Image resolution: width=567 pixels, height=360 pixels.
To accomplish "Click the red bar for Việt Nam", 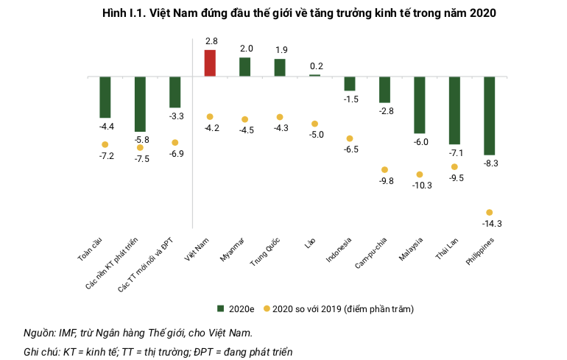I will [x=210, y=63].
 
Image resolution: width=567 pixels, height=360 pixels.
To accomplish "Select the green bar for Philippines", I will [x=489, y=116].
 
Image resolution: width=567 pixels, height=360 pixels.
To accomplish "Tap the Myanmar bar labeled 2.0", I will [x=244, y=67].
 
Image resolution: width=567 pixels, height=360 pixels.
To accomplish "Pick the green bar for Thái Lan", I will [x=454, y=110].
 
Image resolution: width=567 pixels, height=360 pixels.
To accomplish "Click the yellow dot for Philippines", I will [x=489, y=213].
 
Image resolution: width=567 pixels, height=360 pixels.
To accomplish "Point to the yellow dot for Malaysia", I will [x=419, y=174].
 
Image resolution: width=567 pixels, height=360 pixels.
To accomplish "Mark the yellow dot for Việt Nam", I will [x=210, y=117].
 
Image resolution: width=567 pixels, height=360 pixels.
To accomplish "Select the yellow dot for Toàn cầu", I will [x=105, y=144].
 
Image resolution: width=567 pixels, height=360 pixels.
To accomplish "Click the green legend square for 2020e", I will [x=219, y=309].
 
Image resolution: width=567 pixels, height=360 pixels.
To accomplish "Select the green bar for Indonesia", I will [x=350, y=83].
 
